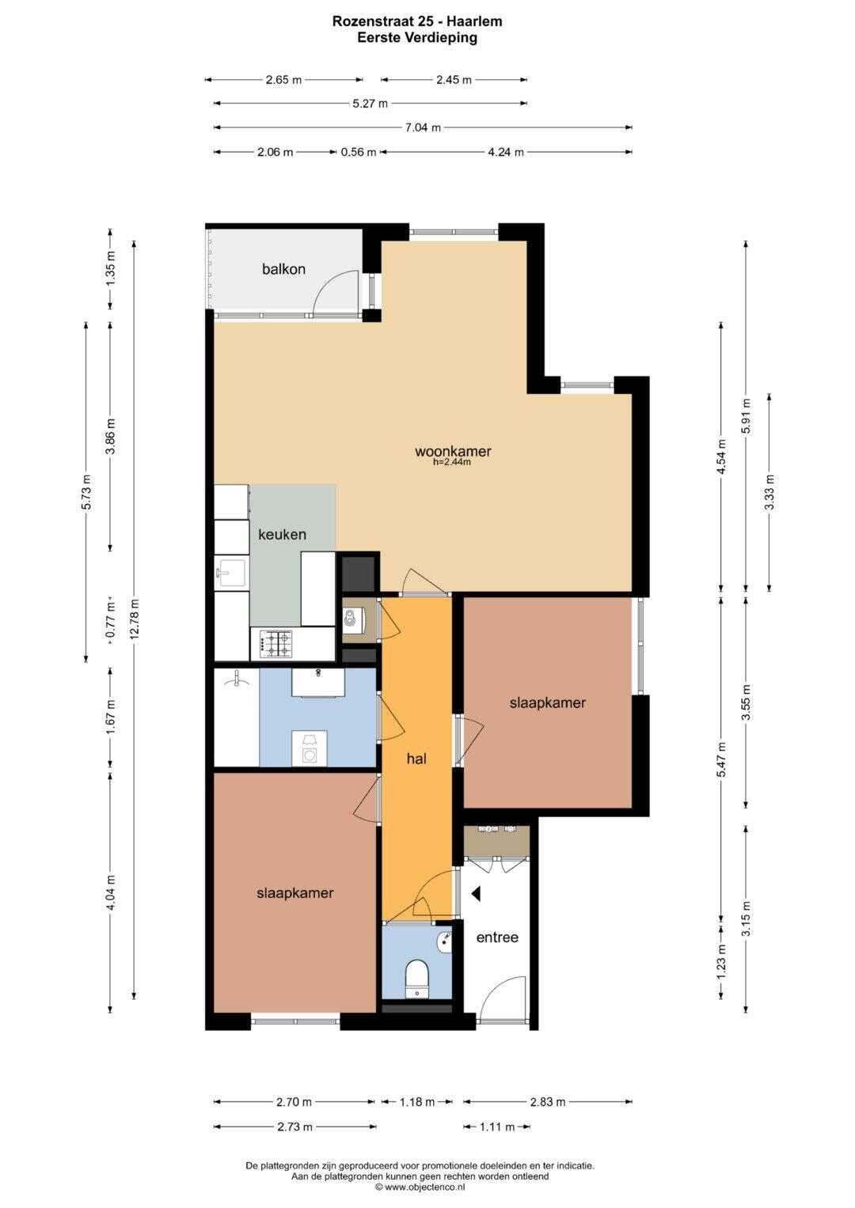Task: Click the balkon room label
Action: tap(283, 268)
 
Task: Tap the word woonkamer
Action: tap(453, 451)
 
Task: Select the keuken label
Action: tap(282, 535)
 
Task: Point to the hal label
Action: tap(416, 759)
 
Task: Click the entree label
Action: tap(497, 937)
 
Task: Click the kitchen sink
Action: tap(230, 572)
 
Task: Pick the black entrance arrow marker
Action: tap(476, 894)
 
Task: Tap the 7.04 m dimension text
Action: tap(423, 128)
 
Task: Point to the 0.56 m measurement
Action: tap(359, 152)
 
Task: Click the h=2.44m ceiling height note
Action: tap(452, 462)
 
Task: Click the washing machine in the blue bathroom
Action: tap(310, 748)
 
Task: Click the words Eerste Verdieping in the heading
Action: tap(417, 37)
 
